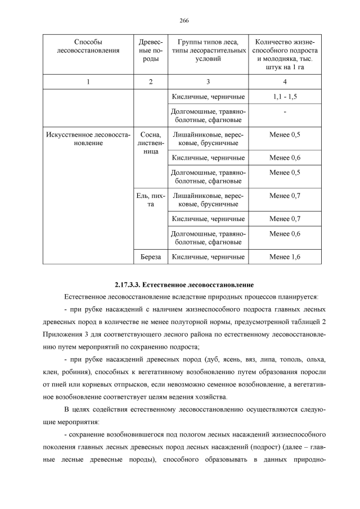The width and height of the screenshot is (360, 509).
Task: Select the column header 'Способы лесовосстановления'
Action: point(88,47)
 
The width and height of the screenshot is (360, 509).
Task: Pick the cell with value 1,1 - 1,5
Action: point(285,97)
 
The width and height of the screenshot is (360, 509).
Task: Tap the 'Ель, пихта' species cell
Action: point(150,200)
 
